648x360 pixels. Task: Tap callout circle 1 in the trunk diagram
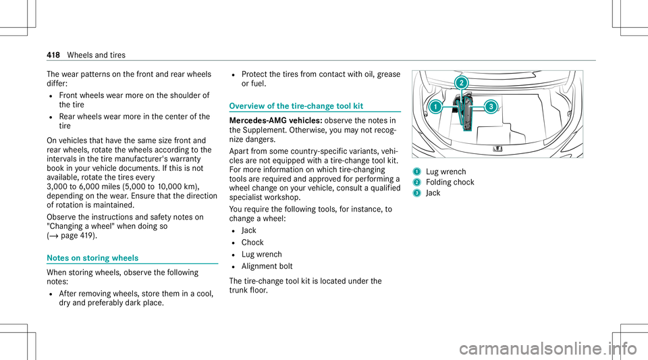pos(437,107)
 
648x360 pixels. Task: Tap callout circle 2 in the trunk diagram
pos(461,83)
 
